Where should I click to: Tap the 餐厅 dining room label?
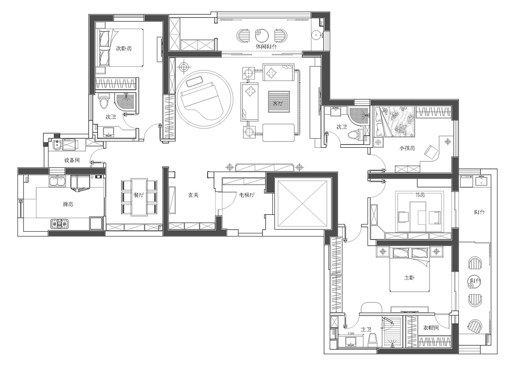pyautogui.click(x=139, y=195)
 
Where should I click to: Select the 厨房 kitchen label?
pyautogui.click(x=68, y=204)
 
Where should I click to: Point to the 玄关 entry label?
pyautogui.click(x=193, y=195)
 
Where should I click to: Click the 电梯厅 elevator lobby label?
pyautogui.click(x=247, y=195)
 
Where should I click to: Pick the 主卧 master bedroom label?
pyautogui.click(x=409, y=278)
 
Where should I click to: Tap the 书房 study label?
pyautogui.click(x=420, y=195)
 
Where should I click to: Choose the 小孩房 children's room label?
pyautogui.click(x=407, y=148)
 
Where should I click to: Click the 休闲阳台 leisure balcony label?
pyautogui.click(x=266, y=46)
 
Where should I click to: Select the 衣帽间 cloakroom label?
pyautogui.click(x=431, y=328)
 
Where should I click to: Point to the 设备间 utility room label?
pyautogui.click(x=72, y=160)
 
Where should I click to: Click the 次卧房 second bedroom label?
pyautogui.click(x=124, y=48)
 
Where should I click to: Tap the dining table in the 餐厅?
pyautogui.click(x=139, y=197)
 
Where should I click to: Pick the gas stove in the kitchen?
pyautogui.click(x=60, y=224)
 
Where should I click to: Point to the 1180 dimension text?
pyautogui.click(x=351, y=333)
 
